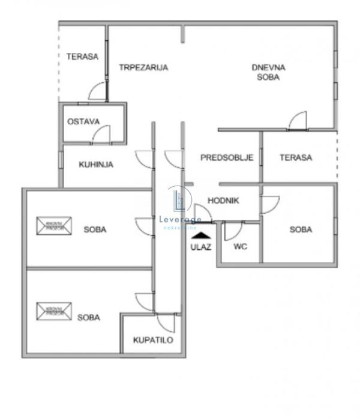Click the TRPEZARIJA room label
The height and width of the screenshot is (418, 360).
143,67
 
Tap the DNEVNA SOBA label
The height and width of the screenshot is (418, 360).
268,72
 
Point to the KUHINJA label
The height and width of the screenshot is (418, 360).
96,164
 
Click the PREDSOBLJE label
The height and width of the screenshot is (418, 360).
227,158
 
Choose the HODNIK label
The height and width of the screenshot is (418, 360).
223,201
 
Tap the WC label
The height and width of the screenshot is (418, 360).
241,246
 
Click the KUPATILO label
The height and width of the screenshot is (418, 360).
153,340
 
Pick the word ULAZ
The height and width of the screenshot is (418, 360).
200,246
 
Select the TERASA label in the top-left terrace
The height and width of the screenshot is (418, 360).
82,56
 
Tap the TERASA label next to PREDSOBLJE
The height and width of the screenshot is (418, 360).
296,158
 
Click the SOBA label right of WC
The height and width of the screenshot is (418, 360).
301,229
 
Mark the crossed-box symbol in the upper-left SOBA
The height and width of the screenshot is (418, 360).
53,226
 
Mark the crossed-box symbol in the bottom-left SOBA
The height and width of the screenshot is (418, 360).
53,310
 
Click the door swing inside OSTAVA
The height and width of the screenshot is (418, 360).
101,135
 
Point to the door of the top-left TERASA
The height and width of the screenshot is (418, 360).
97,92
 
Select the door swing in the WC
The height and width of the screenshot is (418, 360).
233,231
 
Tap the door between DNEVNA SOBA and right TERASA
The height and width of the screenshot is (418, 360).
298,121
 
